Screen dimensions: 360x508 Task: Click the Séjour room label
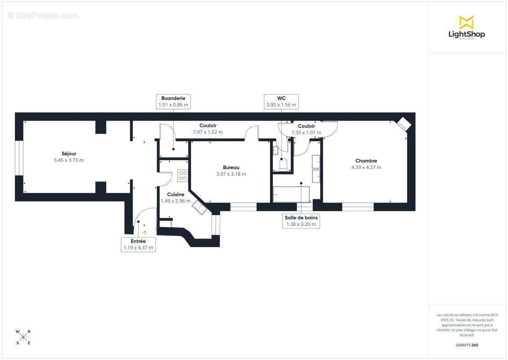point(69,153)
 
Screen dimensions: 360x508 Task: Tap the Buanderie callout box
point(173,101)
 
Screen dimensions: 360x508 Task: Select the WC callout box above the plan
point(281,101)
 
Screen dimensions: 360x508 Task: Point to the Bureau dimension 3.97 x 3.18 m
point(231,174)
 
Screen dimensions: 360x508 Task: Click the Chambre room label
point(366,161)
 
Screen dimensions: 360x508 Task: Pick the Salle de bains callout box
point(301,220)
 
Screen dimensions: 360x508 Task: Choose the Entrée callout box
point(138,244)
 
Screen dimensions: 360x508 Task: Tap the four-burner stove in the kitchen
point(183,175)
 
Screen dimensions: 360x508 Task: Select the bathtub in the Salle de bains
point(291,194)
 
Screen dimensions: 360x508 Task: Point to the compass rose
point(23,337)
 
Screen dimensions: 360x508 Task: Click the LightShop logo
point(467,27)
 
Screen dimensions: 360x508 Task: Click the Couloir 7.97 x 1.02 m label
point(208,129)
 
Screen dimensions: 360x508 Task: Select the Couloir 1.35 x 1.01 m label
point(307,130)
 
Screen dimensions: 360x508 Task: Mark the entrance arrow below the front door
point(145,232)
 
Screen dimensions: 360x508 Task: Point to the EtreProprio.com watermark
point(43,16)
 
